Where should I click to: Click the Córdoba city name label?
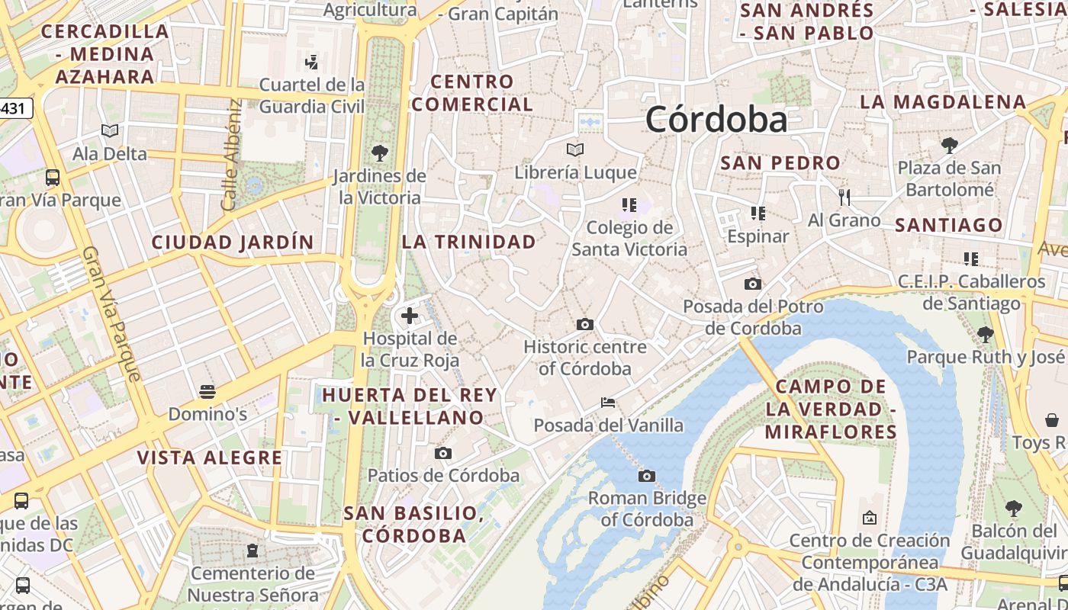tap(716, 120)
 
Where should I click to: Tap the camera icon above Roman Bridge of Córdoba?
tap(646, 477)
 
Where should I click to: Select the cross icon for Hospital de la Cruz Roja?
tap(410, 315)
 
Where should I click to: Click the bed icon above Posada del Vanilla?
tap(608, 402)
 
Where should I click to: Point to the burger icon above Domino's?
tap(207, 392)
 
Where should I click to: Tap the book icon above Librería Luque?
tap(575, 149)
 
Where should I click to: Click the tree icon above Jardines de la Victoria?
tap(379, 152)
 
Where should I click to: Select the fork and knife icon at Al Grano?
tap(844, 197)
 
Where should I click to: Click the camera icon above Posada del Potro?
tap(753, 284)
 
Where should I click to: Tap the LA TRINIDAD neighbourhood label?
tap(469, 242)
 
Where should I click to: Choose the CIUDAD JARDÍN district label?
tap(233, 242)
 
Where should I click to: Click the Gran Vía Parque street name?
tap(111, 313)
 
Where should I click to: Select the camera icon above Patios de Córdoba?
tap(443, 454)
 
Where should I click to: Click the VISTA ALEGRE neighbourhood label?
tap(210, 457)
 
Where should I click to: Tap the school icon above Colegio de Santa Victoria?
tap(629, 204)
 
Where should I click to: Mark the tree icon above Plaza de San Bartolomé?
tap(949, 145)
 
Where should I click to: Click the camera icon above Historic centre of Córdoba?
tap(585, 324)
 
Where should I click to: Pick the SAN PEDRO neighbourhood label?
tap(780, 162)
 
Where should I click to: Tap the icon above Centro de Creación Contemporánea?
tap(869, 518)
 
